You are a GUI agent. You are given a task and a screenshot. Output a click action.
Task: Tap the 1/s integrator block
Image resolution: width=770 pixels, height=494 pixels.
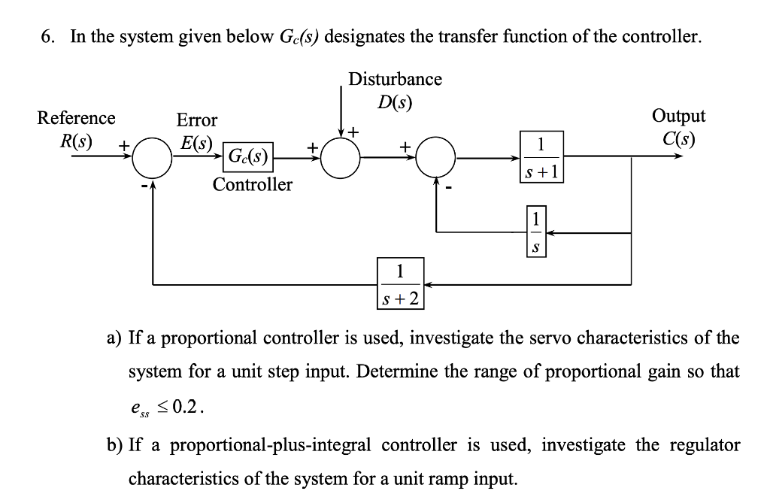click(535, 233)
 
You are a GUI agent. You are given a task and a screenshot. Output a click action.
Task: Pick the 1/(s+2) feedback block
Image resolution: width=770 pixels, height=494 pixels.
click(400, 284)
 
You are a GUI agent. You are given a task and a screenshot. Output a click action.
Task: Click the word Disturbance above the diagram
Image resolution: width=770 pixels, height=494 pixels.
click(395, 79)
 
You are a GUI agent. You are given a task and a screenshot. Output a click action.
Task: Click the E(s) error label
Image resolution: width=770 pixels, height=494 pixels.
click(196, 142)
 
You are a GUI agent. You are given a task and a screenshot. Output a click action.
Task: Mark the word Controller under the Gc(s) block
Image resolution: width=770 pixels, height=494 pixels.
click(252, 185)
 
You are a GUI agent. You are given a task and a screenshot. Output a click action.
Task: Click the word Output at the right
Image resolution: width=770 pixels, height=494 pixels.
click(678, 117)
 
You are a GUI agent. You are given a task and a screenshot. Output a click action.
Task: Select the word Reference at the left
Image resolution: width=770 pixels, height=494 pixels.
click(77, 118)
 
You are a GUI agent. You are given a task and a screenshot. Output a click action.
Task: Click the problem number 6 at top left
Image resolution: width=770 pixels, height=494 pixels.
click(47, 37)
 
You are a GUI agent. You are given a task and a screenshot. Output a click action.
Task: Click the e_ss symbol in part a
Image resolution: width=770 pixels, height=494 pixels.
click(139, 410)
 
